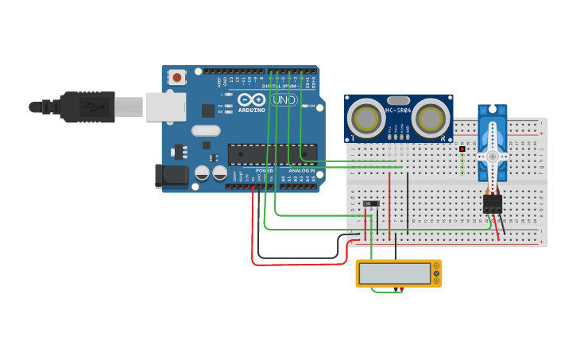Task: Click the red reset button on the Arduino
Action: [x=176, y=77]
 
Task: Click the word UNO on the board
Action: [x=284, y=100]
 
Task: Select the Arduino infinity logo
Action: [x=252, y=100]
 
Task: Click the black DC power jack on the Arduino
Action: [x=170, y=176]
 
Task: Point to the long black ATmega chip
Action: [x=272, y=153]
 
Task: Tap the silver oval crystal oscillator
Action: [x=205, y=130]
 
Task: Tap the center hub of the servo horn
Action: [x=493, y=157]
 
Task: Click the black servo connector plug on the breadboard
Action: [x=493, y=203]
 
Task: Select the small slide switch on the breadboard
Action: [x=371, y=204]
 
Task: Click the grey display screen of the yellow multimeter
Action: [x=394, y=273]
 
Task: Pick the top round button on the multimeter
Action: [x=436, y=266]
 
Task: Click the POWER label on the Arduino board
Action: [x=264, y=171]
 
